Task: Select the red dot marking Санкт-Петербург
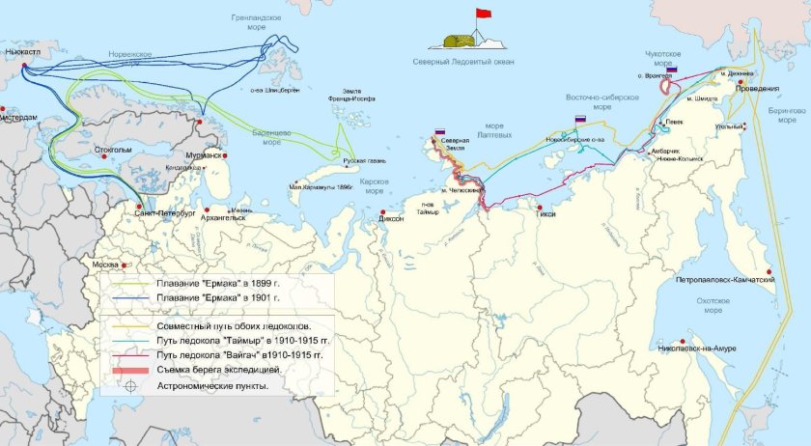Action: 141,206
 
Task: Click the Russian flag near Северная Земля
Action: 439,131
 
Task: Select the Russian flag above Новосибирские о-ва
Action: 580,119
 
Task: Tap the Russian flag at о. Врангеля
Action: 671,70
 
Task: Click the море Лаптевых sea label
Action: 493,131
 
